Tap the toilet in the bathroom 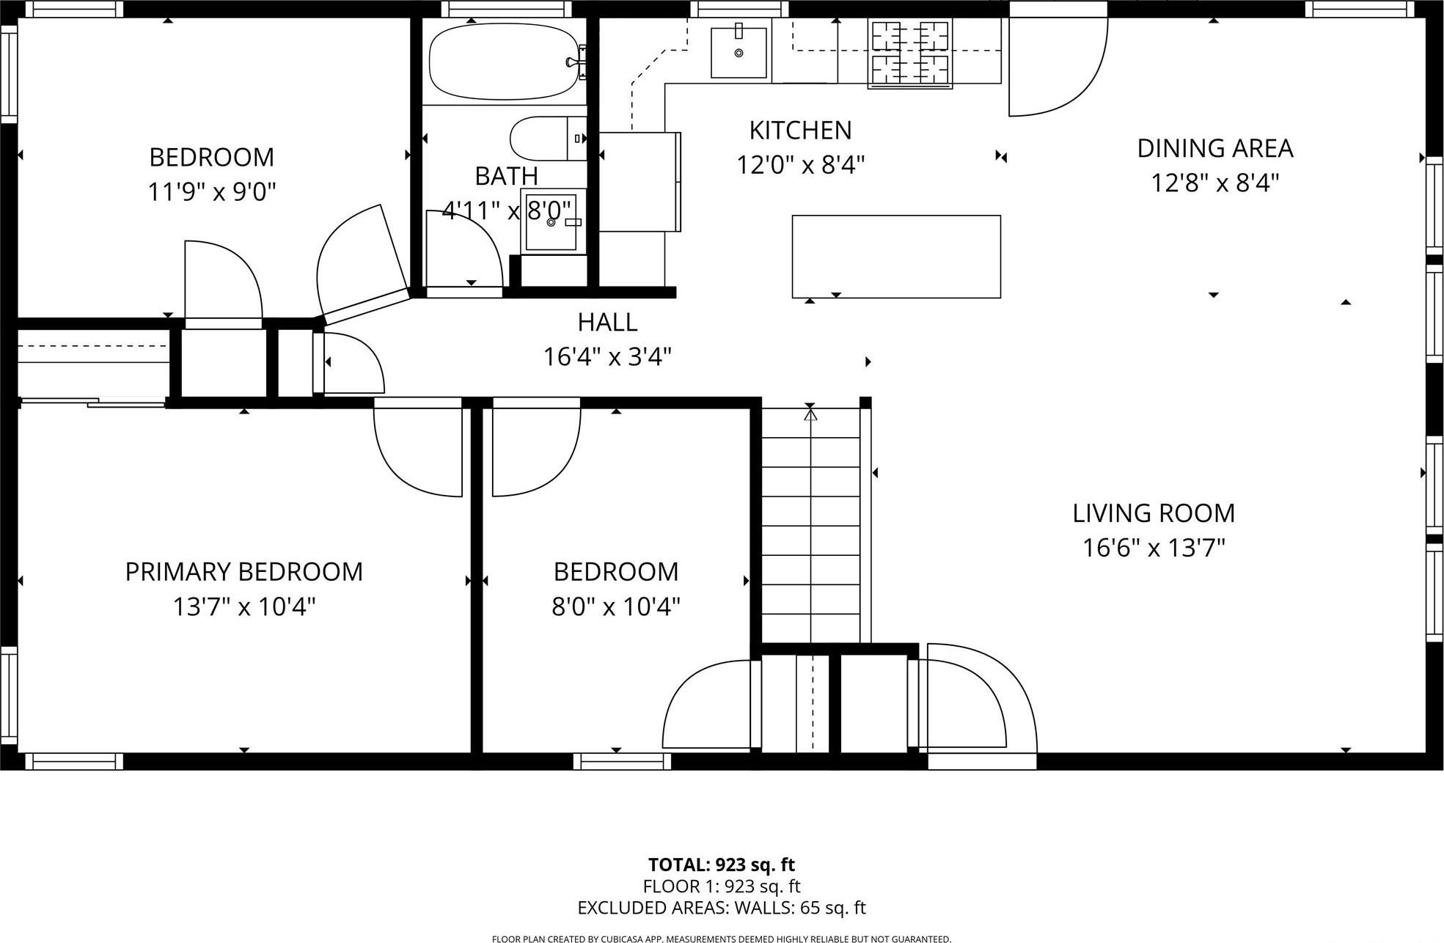tap(543, 138)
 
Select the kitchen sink tap(739, 52)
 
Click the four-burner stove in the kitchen tap(909, 53)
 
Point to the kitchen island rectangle tap(895, 257)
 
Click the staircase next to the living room tap(810, 524)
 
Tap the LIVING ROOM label tap(1153, 513)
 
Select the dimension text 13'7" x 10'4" tap(244, 607)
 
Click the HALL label tap(607, 322)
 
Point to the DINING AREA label tap(1214, 148)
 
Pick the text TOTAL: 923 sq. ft tap(721, 865)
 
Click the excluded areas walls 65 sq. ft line tap(721, 908)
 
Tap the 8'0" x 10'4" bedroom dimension tap(616, 607)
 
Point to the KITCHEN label tap(800, 131)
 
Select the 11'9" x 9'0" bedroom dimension tap(212, 192)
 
